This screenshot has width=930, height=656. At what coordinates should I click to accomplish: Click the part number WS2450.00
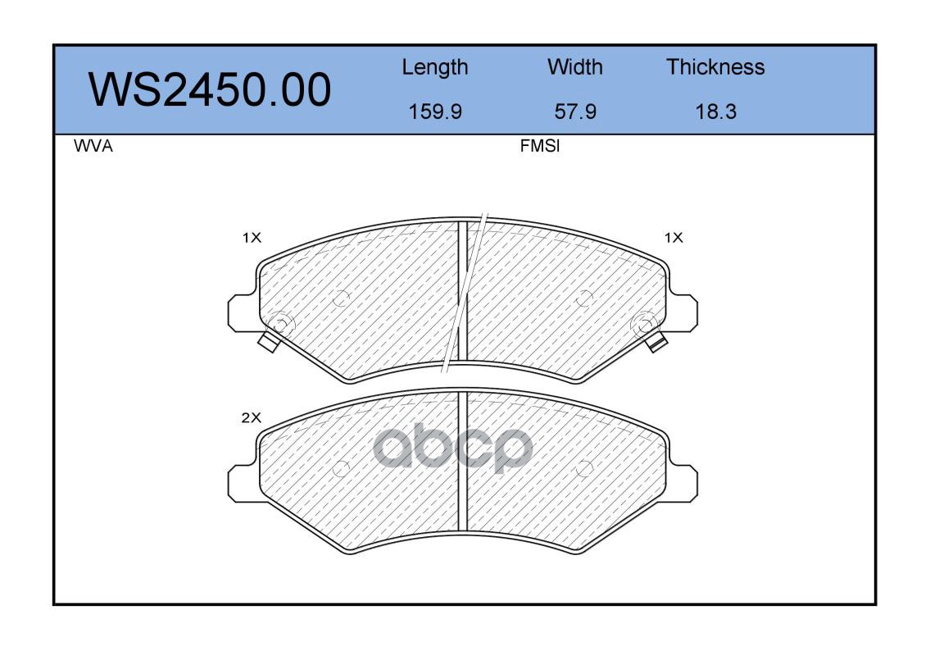(x=210, y=89)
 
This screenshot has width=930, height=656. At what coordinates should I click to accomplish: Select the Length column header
(x=435, y=68)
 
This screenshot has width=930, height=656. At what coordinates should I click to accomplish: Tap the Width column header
(x=574, y=67)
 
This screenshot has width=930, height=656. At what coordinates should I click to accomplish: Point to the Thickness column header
(x=715, y=67)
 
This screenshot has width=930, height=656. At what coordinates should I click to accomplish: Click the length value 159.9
(x=435, y=112)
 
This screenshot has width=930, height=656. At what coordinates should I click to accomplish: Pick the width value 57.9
(x=574, y=112)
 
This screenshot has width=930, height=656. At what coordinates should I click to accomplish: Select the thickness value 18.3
(x=715, y=112)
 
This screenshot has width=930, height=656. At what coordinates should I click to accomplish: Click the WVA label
(x=93, y=146)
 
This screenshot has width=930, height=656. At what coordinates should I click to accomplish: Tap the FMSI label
(x=540, y=146)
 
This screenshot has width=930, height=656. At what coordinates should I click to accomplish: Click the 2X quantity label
(x=251, y=418)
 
